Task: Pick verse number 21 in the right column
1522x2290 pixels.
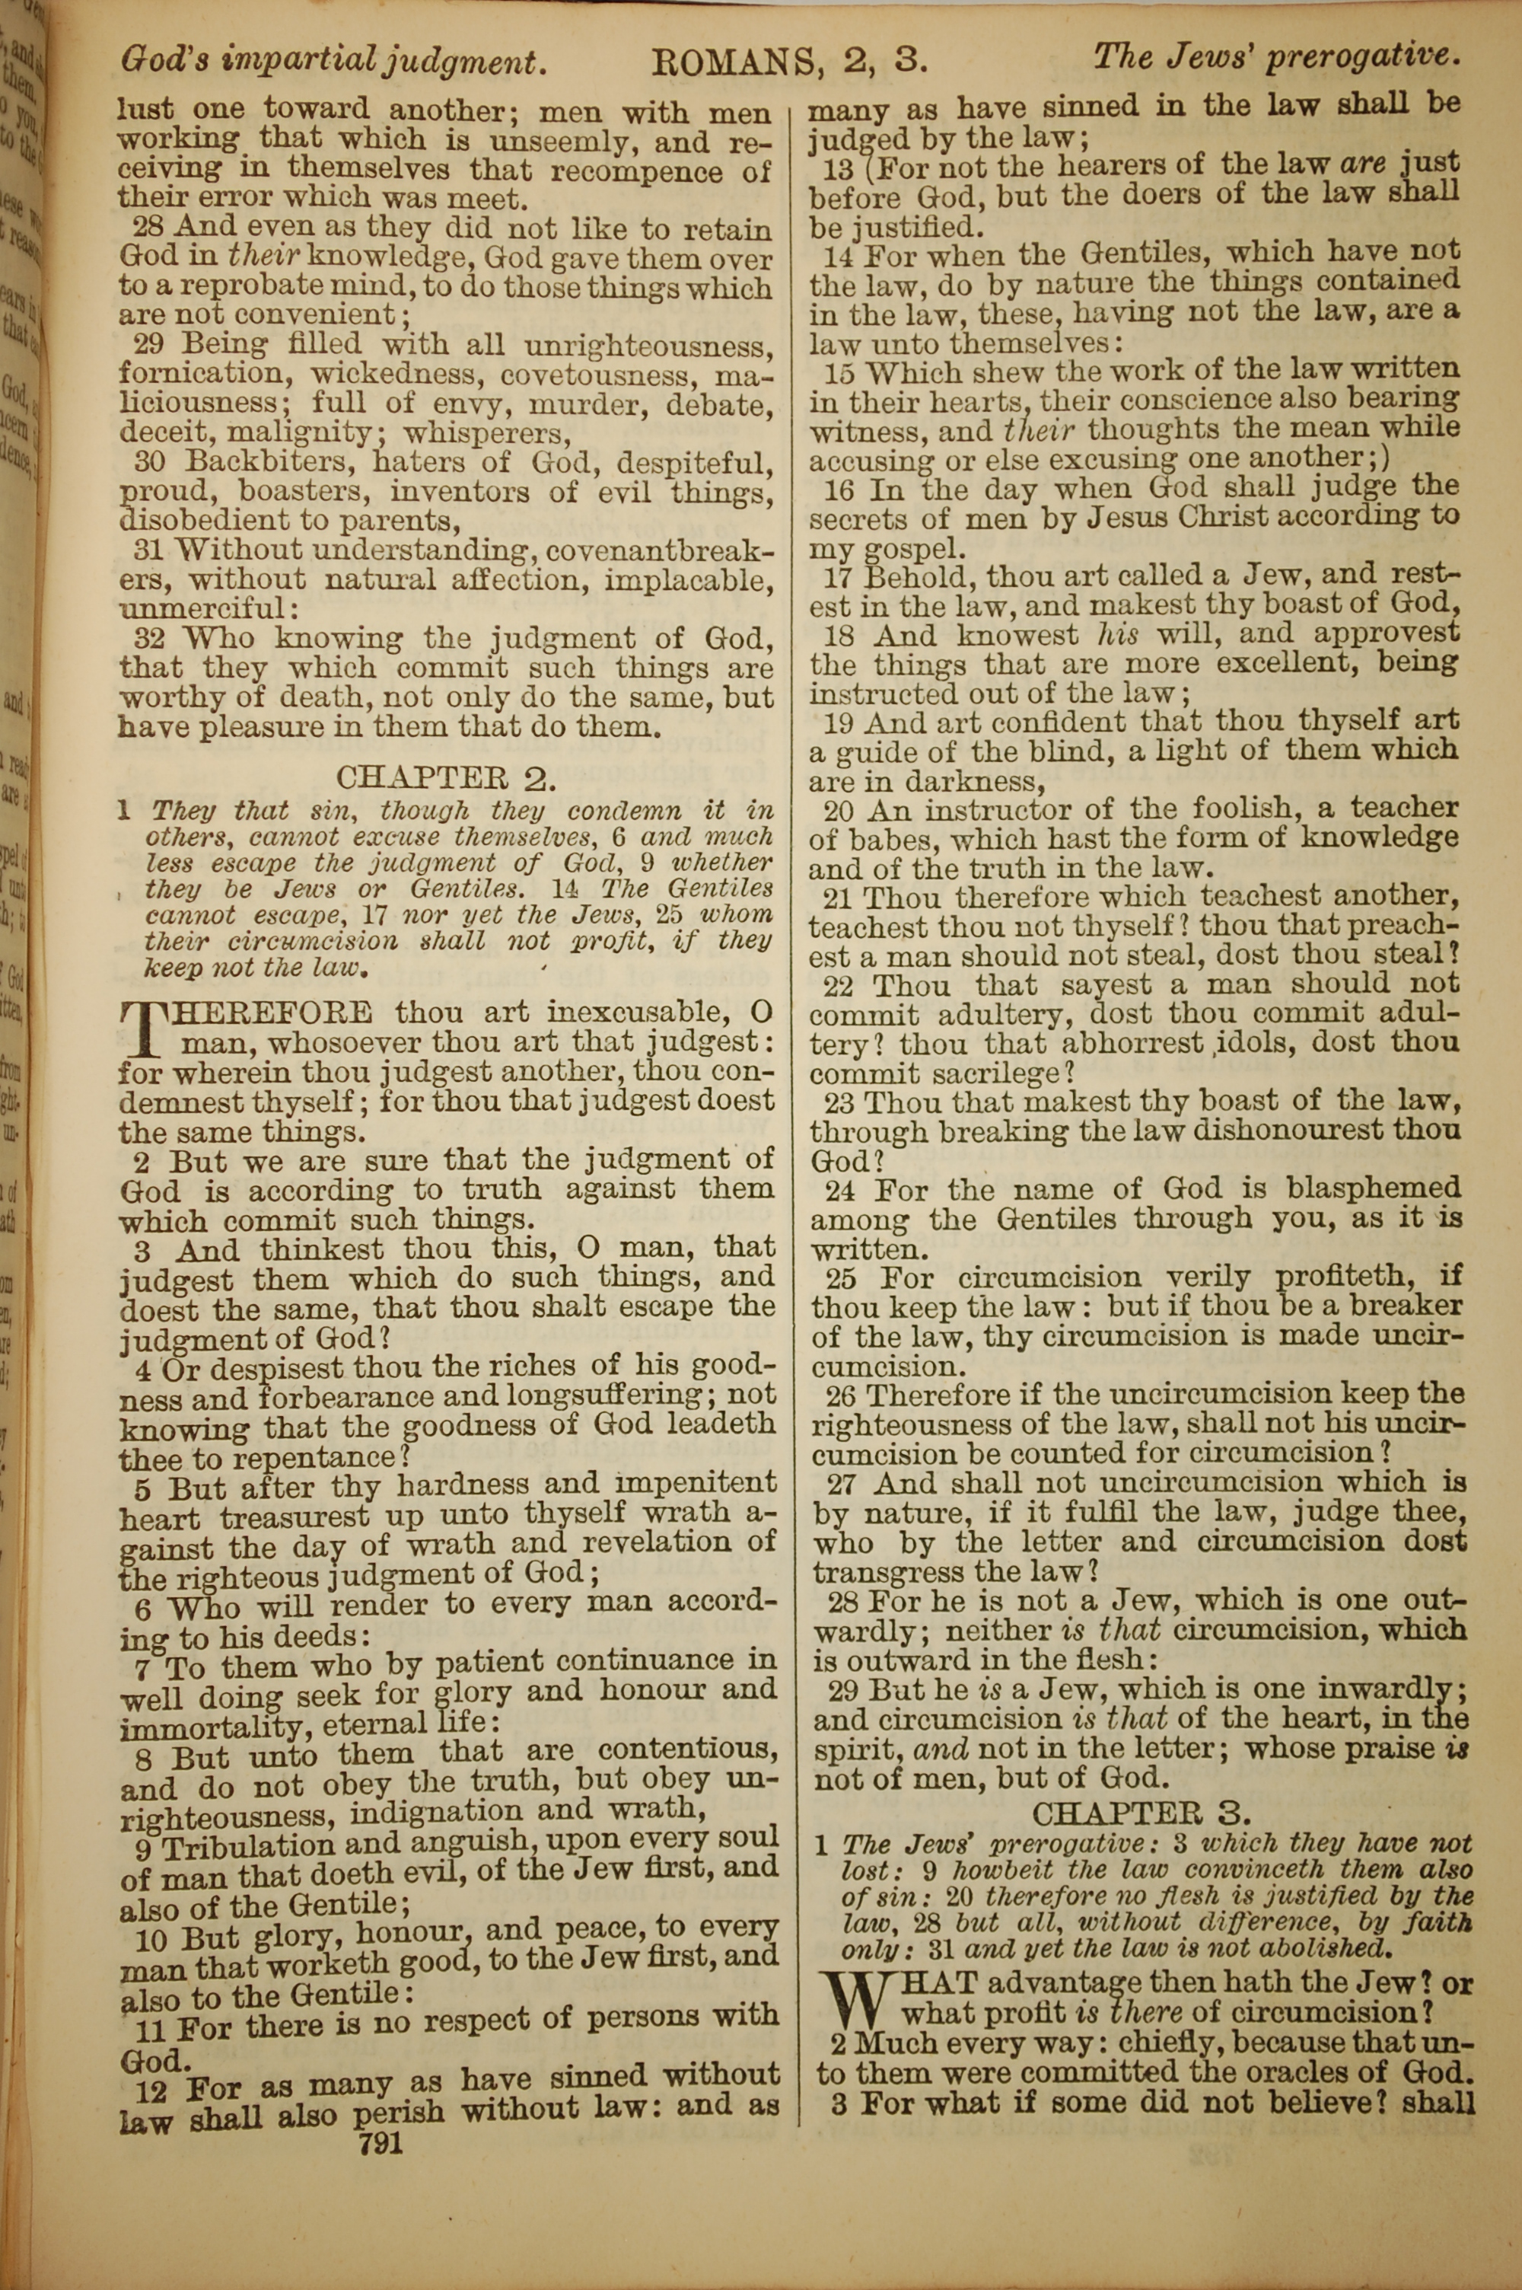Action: (x=839, y=898)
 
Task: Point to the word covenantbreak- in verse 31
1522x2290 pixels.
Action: (x=660, y=551)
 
